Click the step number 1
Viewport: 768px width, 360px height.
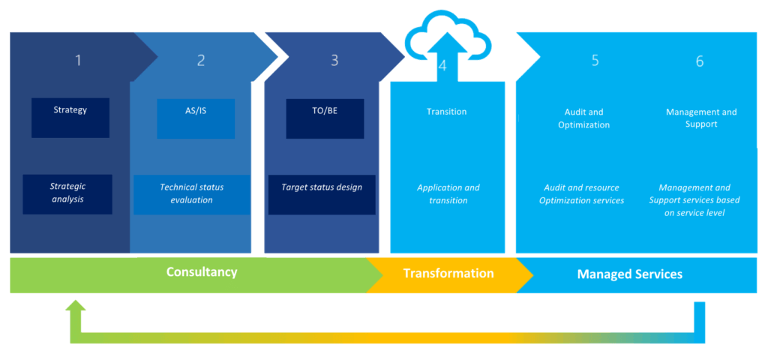coord(78,61)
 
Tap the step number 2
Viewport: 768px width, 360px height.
coord(201,61)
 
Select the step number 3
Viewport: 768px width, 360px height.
coord(334,61)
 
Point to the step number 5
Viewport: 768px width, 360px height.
coord(595,61)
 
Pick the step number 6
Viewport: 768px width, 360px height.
coord(700,61)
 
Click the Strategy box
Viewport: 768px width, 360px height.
coord(70,118)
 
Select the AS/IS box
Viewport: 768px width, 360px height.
coord(196,118)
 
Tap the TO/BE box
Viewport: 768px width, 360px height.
coord(325,118)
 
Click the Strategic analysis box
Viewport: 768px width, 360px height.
coord(67,194)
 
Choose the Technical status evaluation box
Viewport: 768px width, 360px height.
coord(192,194)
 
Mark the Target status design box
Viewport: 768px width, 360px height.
coord(322,194)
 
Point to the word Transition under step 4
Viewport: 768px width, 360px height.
coord(447,112)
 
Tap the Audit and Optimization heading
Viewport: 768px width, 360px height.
coord(583,118)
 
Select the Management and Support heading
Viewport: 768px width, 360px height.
coord(701,118)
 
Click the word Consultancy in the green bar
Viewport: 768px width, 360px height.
coord(202,271)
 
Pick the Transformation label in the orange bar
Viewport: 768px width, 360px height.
coord(448,273)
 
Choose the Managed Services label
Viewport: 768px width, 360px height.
coord(630,274)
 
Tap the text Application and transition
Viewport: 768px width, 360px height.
coord(448,194)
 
